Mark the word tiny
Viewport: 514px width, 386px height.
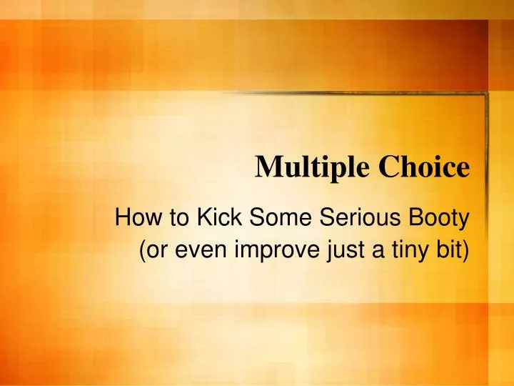409,253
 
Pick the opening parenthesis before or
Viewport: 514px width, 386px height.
137,252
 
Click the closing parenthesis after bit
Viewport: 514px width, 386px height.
467,252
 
